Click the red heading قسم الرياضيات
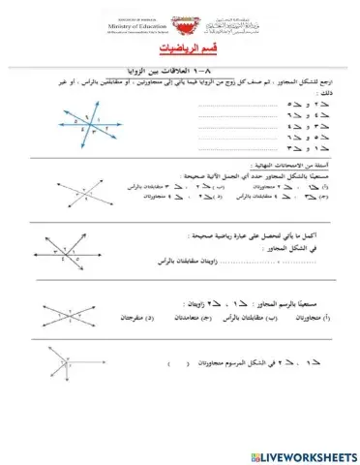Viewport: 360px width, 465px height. [180, 44]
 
